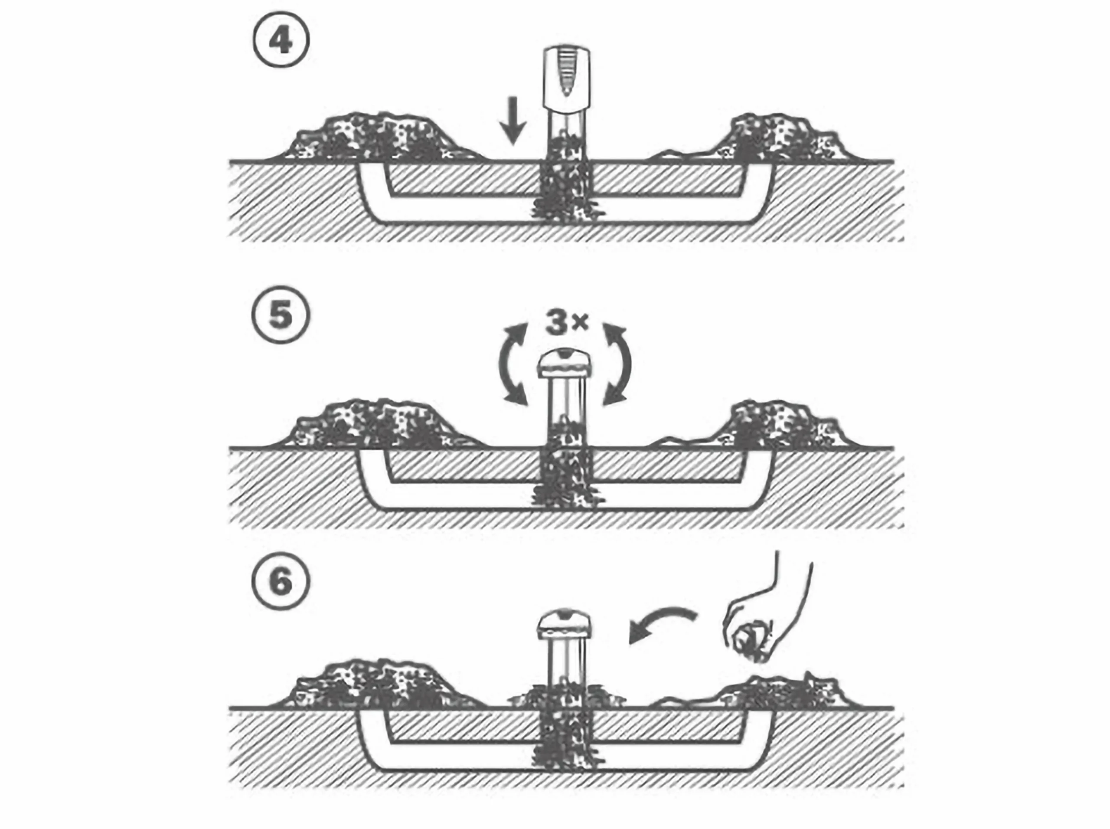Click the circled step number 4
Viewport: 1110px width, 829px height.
(281, 41)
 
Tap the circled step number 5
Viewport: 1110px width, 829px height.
(281, 316)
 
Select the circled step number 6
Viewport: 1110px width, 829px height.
(281, 582)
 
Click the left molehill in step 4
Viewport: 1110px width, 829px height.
(381, 138)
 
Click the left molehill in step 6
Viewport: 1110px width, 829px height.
(381, 685)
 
